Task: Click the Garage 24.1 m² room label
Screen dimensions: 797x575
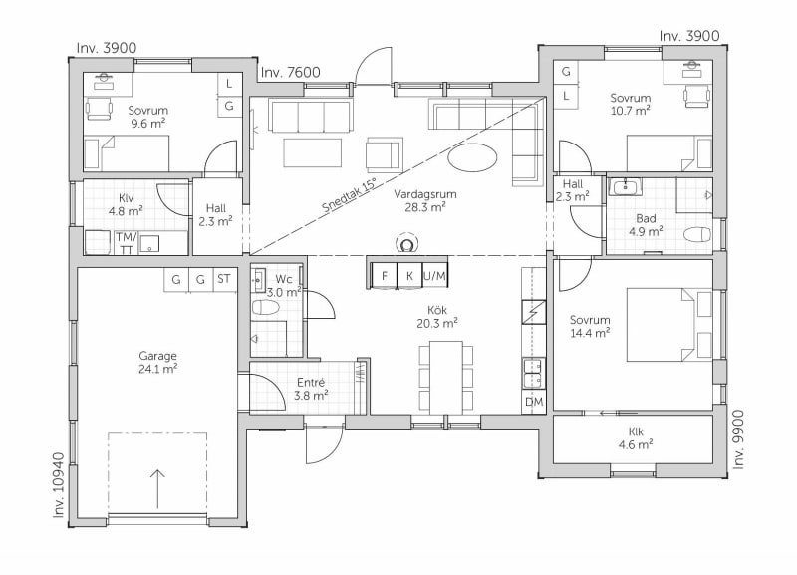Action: pos(157,363)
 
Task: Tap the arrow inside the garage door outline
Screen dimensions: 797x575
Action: pos(157,489)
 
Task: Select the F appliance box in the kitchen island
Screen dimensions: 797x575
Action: pos(385,276)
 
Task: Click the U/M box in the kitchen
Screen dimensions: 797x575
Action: pos(434,276)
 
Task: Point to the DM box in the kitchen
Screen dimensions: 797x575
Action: pos(534,402)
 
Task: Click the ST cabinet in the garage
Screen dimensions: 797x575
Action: pos(224,279)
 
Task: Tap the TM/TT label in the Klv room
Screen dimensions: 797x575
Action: pos(127,243)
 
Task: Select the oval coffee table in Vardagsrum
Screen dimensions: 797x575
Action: pos(472,158)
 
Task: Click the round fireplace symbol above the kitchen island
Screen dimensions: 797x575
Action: pos(406,244)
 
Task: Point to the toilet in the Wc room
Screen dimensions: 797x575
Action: pos(266,308)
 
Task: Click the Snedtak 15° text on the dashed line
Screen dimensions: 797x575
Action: pos(350,195)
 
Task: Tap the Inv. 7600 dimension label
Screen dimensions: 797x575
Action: pos(290,72)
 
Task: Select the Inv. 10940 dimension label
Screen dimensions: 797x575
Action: pos(59,485)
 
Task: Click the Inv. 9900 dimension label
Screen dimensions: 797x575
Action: pos(738,439)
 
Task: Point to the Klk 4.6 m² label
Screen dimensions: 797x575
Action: pos(636,438)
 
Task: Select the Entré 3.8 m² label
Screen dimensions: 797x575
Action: pos(311,389)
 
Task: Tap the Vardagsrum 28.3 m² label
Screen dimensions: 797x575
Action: pos(425,200)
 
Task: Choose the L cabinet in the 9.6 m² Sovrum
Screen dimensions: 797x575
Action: pos(229,84)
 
